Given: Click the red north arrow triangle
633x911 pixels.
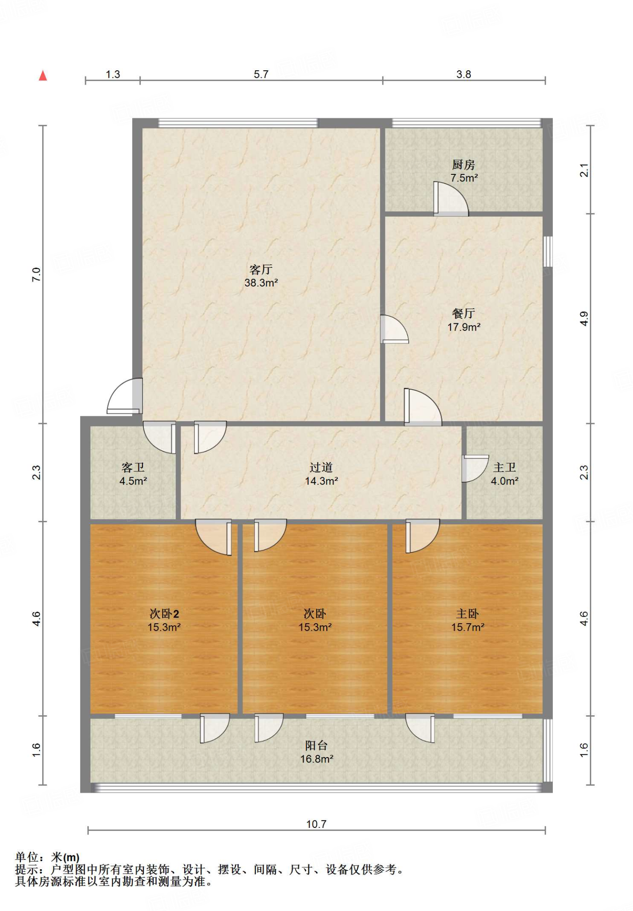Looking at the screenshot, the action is [x=43, y=76].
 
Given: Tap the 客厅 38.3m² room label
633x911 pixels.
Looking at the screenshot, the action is [x=261, y=276].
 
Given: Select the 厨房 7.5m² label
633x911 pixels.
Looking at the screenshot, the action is [x=464, y=171].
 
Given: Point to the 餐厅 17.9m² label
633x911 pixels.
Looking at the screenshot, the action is [x=464, y=320].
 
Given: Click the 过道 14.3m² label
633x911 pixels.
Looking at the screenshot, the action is [x=321, y=474].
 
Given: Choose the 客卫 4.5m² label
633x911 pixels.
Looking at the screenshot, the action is [x=133, y=474].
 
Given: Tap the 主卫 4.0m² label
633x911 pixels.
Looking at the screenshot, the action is [x=504, y=474].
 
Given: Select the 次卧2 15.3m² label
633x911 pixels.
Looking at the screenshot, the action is [x=164, y=621].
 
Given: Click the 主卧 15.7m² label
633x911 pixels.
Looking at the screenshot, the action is [x=467, y=621].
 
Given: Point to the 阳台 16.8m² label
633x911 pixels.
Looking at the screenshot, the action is [x=316, y=752].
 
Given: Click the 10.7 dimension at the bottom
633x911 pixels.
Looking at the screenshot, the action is [x=316, y=824].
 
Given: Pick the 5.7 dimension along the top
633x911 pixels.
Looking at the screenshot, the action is [x=261, y=74].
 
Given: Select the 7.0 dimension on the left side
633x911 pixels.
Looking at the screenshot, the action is [x=36, y=274].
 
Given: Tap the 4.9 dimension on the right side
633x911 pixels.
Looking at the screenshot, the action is [x=584, y=319].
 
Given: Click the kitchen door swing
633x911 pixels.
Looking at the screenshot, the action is [x=451, y=199].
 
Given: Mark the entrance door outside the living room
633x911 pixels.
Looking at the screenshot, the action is [x=125, y=396].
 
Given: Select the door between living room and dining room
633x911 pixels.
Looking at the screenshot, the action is [x=394, y=329].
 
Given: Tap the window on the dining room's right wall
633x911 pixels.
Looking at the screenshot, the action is [x=548, y=251].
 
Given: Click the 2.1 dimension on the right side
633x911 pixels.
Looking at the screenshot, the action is [x=584, y=170].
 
